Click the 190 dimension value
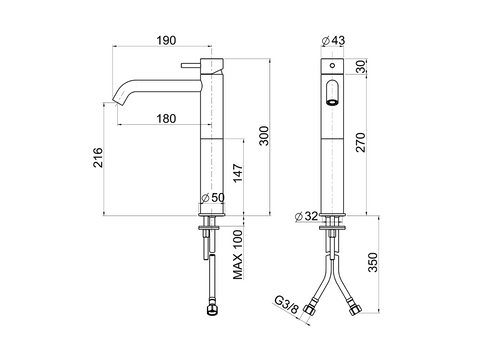(x=166, y=40)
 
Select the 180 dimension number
(x=166, y=118)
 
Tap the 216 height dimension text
(x=98, y=157)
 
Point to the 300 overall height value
(x=264, y=136)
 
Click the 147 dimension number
(x=238, y=173)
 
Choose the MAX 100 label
(x=238, y=255)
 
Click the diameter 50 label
(x=213, y=197)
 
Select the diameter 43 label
(x=333, y=40)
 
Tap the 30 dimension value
(x=361, y=66)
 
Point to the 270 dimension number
(x=361, y=142)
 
